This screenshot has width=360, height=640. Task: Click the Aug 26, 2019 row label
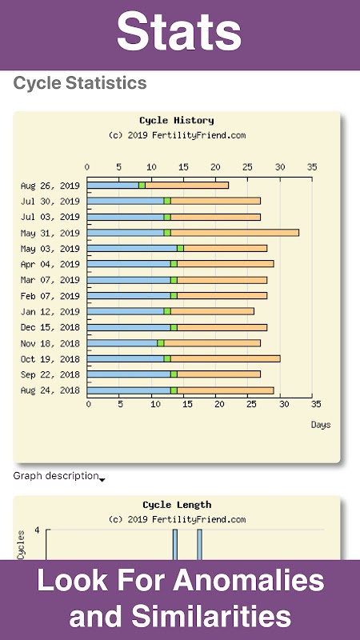coord(50,186)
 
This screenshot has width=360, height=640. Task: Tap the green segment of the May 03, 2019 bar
coord(181,249)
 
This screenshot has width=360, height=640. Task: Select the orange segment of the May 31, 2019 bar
coord(234,233)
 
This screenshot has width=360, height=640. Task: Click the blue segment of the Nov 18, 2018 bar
coord(122,343)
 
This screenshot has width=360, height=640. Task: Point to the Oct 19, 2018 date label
coord(50,359)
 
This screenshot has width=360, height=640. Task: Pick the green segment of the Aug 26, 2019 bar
coord(142,186)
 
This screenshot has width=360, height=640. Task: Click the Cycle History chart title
coord(177,121)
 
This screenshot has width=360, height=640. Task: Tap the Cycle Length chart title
coord(177,505)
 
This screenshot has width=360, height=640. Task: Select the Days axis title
coord(321,425)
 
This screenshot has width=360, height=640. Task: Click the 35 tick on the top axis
coord(312,167)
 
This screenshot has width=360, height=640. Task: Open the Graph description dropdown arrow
coord(102,480)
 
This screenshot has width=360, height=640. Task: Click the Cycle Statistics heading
coord(80,83)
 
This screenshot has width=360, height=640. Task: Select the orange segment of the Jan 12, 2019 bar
coord(212,311)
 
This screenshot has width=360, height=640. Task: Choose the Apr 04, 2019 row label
coord(50,265)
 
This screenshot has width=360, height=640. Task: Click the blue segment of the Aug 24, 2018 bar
coord(129,390)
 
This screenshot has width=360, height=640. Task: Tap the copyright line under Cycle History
coord(177,135)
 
